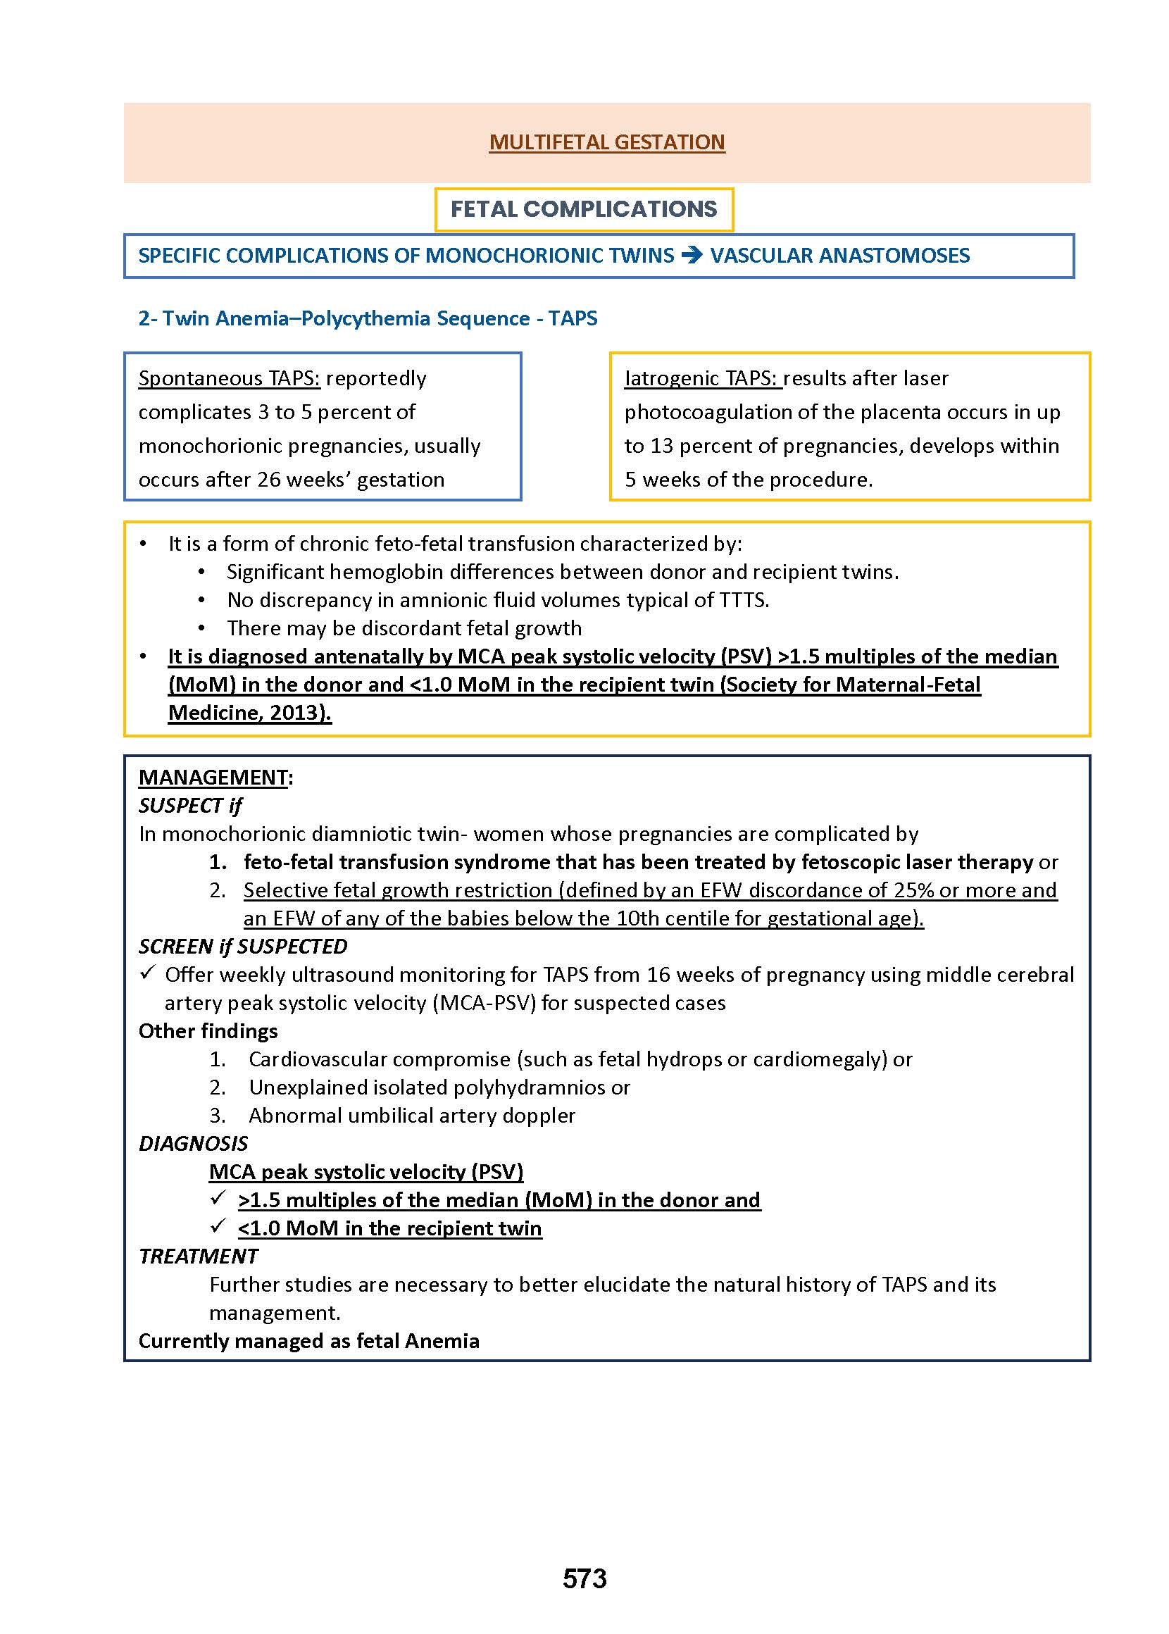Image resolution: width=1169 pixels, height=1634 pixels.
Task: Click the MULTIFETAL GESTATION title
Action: coord(606,142)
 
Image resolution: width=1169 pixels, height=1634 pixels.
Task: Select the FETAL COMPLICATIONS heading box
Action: coord(583,209)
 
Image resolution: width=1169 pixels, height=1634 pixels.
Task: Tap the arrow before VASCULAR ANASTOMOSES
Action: coord(691,256)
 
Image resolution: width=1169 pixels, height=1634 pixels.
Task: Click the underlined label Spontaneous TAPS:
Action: coord(229,379)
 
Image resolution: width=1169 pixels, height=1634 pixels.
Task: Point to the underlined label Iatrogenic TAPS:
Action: coord(702,379)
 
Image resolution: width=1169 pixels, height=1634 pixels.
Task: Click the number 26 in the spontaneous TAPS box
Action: coord(268,480)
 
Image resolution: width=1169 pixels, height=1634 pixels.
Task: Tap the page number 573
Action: coord(584,1578)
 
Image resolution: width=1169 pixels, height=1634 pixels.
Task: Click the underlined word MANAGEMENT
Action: coord(213,778)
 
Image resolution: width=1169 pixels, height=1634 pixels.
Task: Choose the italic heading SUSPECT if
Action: coord(190,806)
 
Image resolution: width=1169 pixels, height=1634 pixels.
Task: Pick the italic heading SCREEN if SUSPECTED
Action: coord(242,947)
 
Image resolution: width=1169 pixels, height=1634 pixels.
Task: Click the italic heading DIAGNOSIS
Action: coord(193,1144)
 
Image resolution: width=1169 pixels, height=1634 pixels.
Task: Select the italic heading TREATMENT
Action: coord(198,1256)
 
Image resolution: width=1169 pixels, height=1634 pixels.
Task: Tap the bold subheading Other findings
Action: coord(208,1032)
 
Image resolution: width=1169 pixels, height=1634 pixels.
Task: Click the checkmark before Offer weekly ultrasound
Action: coord(147,973)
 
